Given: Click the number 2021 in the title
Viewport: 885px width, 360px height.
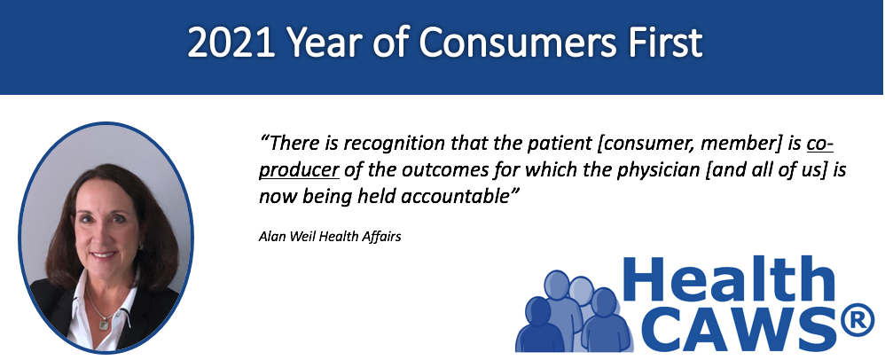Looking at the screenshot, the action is click(x=231, y=43).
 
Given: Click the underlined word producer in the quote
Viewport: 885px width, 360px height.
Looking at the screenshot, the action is click(x=299, y=170).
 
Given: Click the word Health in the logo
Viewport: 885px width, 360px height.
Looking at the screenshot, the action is click(x=728, y=278).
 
